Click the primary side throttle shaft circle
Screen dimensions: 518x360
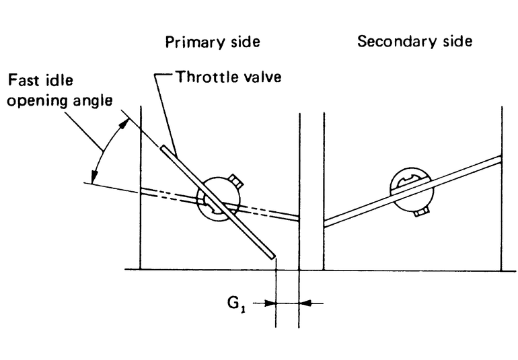[x=219, y=200]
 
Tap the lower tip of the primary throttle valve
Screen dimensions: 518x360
[x=271, y=255]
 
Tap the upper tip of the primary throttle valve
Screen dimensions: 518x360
[x=163, y=146]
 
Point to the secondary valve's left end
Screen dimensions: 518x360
[x=327, y=223]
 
